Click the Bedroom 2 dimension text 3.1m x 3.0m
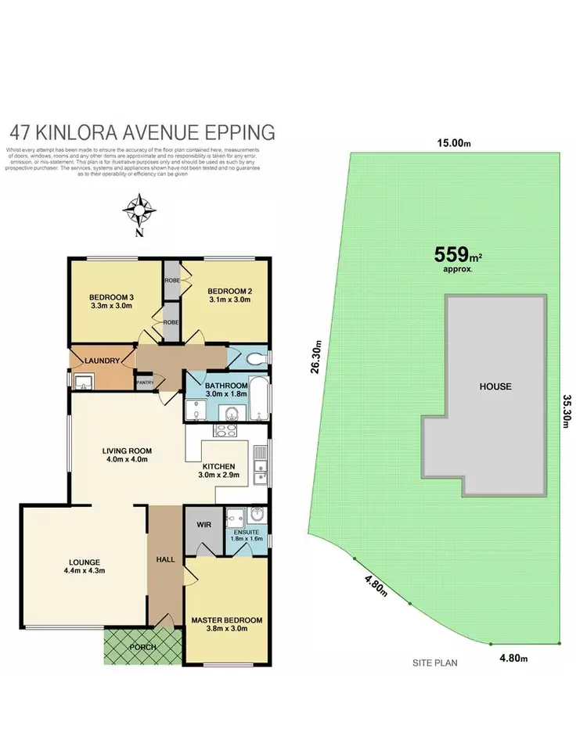click(229, 298)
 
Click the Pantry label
click(146, 382)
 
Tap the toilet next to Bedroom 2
click(253, 359)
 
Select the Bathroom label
click(226, 386)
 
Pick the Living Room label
click(126, 451)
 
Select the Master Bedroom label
click(226, 620)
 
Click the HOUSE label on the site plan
click(495, 386)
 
